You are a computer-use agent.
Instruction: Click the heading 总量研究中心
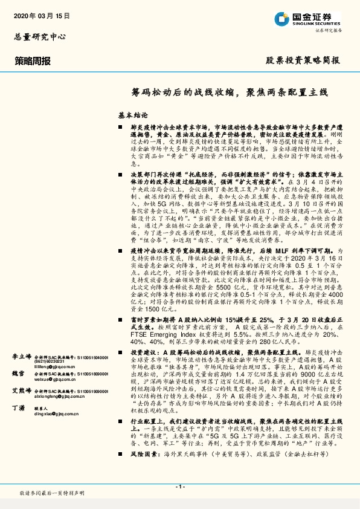click(40, 36)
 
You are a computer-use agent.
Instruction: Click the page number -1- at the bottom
click(179, 486)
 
